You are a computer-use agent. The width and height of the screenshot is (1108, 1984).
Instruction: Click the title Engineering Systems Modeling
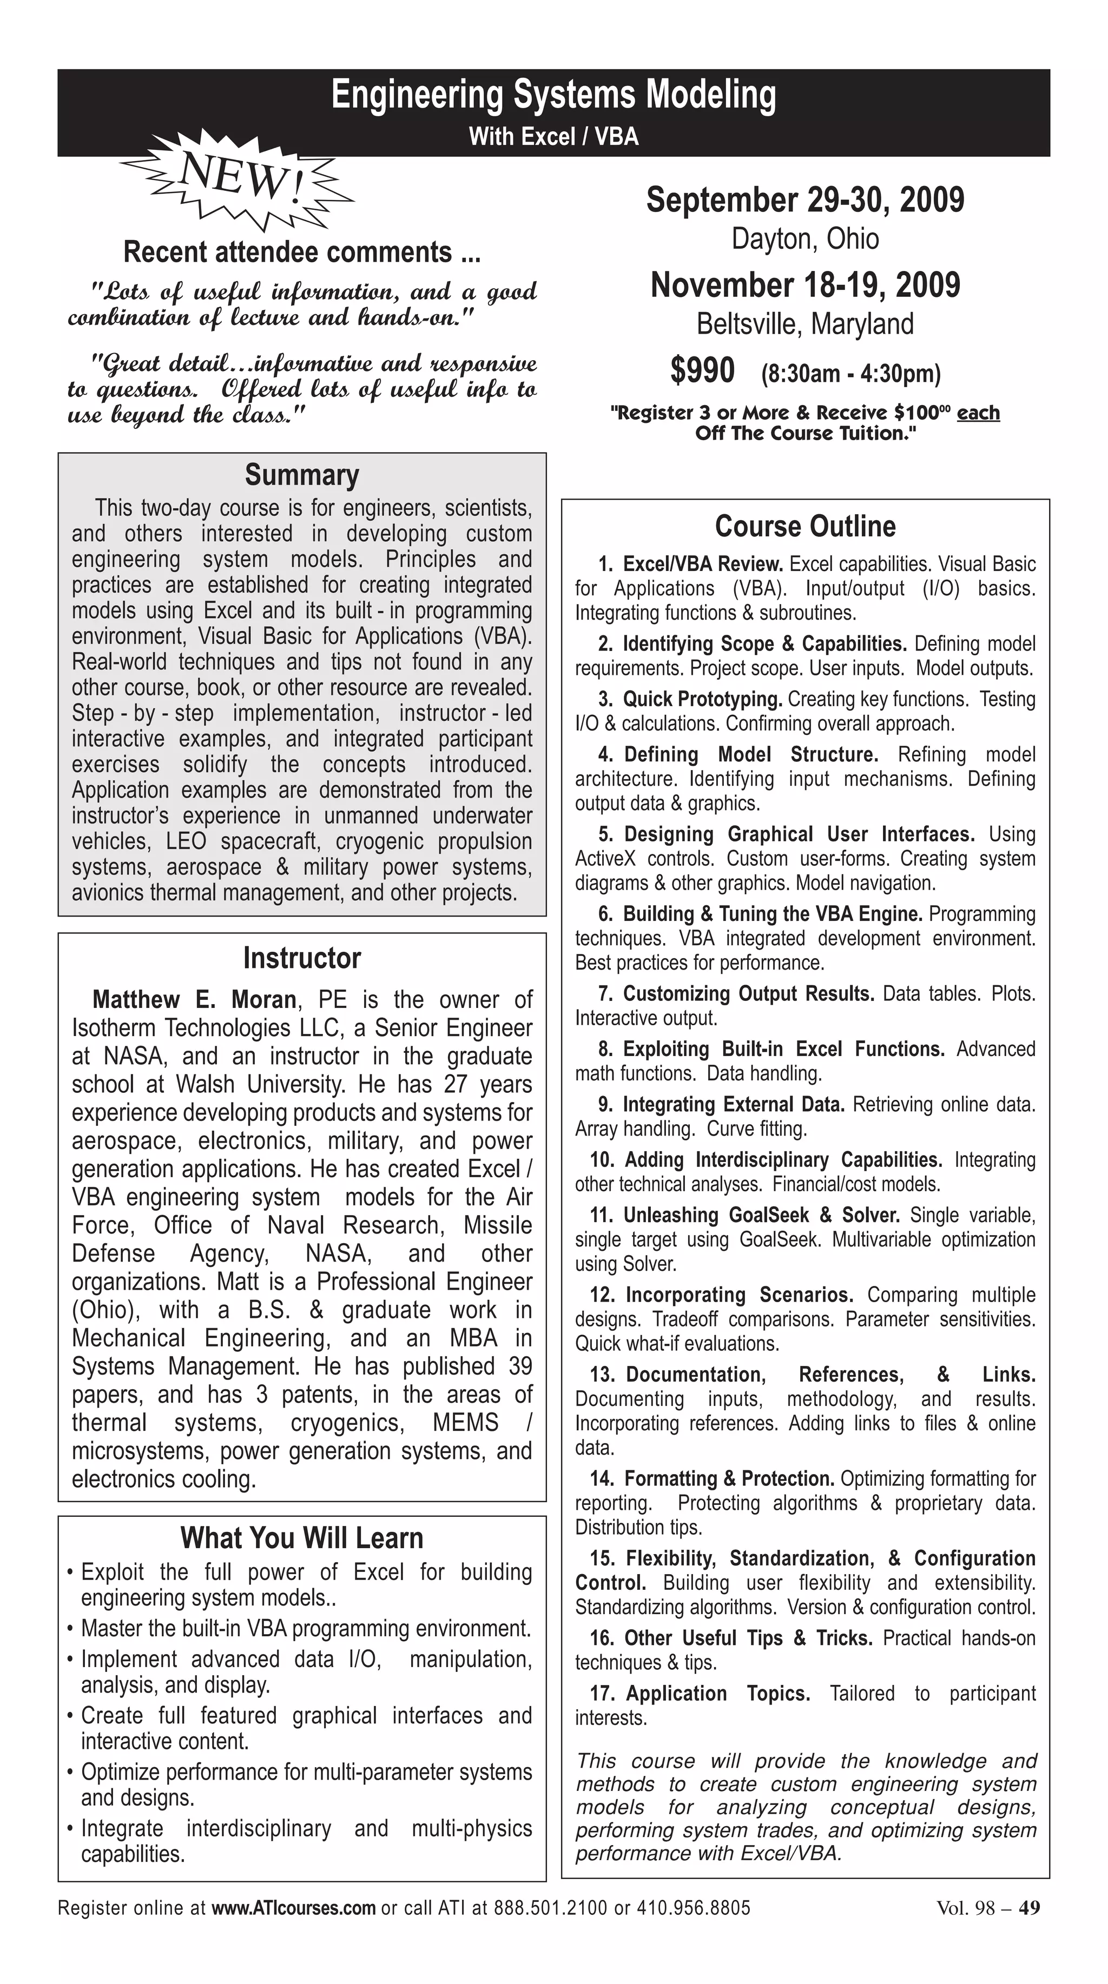pyautogui.click(x=553, y=96)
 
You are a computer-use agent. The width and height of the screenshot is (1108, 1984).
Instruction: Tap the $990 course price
pyautogui.click(x=702, y=370)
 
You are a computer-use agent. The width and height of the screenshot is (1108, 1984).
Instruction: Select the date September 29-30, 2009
pyautogui.click(x=805, y=200)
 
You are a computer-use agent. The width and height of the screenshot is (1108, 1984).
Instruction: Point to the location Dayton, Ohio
pyautogui.click(x=805, y=239)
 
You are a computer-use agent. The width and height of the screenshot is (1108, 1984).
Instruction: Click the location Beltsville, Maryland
pyautogui.click(x=805, y=324)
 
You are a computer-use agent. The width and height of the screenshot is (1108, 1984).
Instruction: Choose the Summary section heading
pyautogui.click(x=302, y=475)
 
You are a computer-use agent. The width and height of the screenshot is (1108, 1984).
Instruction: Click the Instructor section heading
pyautogui.click(x=302, y=958)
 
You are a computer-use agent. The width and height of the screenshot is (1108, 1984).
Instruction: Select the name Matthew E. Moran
pyautogui.click(x=194, y=1000)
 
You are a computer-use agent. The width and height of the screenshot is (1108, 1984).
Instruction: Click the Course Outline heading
pyautogui.click(x=805, y=526)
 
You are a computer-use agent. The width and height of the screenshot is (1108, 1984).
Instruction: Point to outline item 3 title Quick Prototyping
pyautogui.click(x=703, y=699)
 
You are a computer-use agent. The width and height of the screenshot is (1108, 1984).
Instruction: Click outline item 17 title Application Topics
pyautogui.click(x=718, y=1694)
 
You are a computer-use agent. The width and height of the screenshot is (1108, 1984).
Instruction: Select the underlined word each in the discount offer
pyautogui.click(x=979, y=413)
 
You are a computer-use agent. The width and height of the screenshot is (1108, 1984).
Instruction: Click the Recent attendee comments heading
pyautogui.click(x=302, y=253)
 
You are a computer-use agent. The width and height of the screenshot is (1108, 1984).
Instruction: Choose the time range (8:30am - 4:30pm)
pyautogui.click(x=850, y=374)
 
